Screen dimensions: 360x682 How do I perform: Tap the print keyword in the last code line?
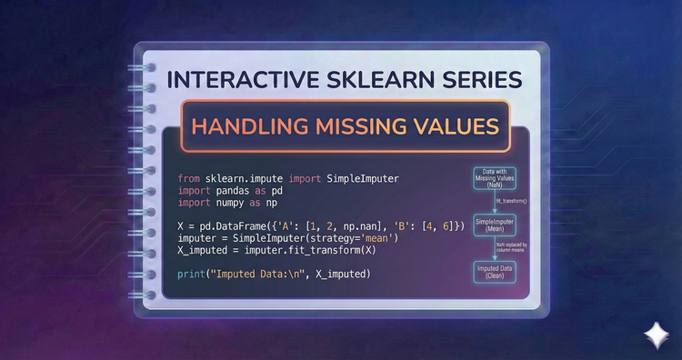(196, 275)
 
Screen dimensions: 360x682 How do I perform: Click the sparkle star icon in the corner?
(654, 334)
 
